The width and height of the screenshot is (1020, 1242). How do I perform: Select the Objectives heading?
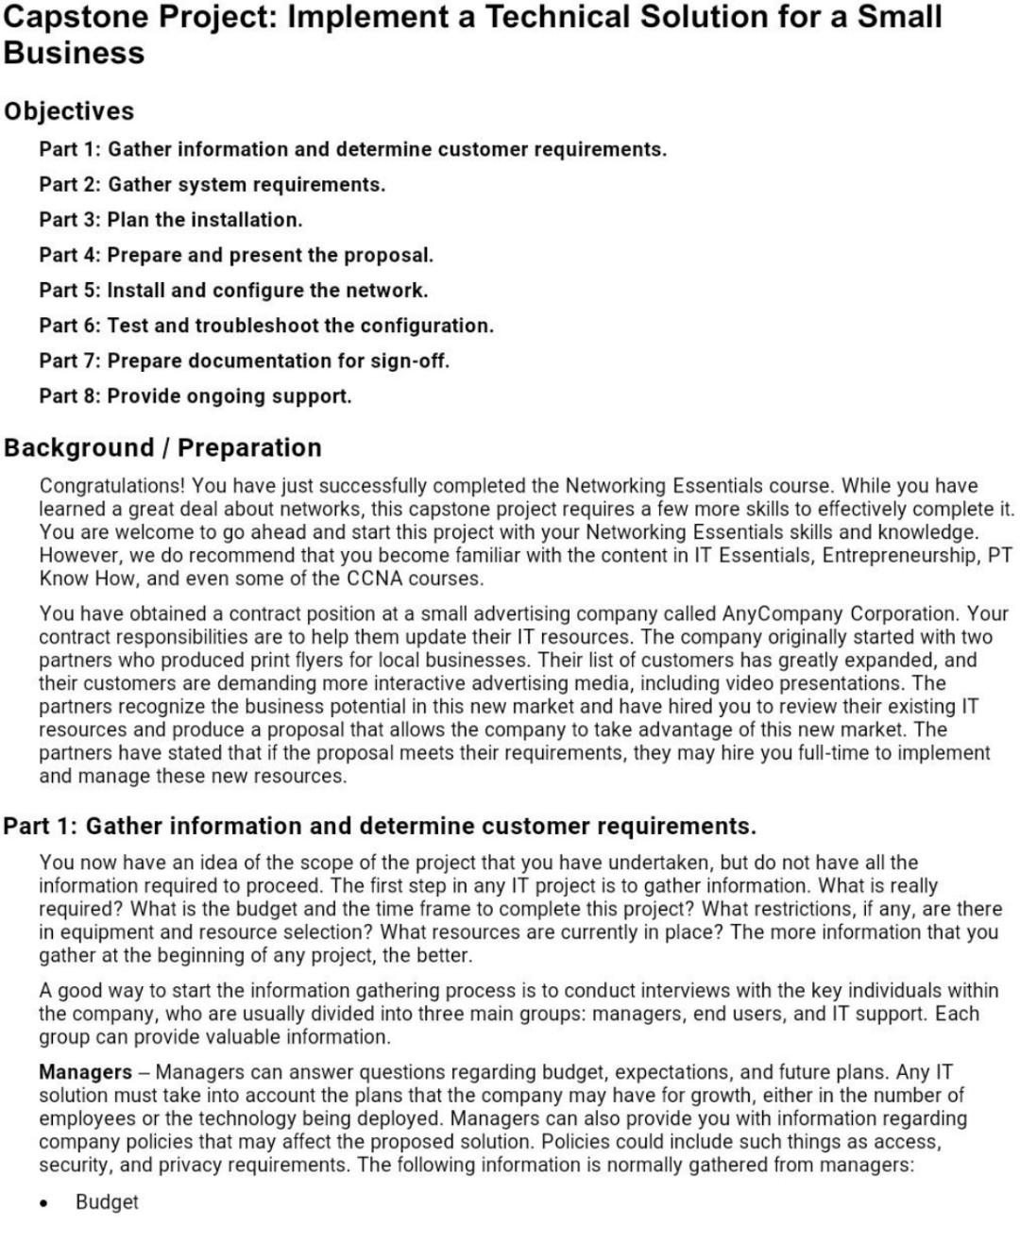(69, 111)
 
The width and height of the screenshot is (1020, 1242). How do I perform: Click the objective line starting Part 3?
(171, 220)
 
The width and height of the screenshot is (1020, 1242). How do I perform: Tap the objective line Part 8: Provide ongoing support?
(195, 396)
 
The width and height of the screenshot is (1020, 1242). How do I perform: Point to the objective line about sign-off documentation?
(244, 361)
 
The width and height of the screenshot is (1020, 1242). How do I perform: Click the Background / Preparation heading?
(162, 447)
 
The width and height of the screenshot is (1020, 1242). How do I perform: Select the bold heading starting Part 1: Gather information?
(380, 826)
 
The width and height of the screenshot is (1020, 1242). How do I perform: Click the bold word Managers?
(85, 1072)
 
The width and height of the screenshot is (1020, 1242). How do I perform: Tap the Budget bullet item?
(107, 1202)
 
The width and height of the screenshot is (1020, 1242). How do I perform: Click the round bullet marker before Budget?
(44, 1203)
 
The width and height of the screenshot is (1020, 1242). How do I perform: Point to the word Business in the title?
(74, 53)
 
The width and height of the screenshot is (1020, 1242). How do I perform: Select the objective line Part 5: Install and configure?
(233, 291)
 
